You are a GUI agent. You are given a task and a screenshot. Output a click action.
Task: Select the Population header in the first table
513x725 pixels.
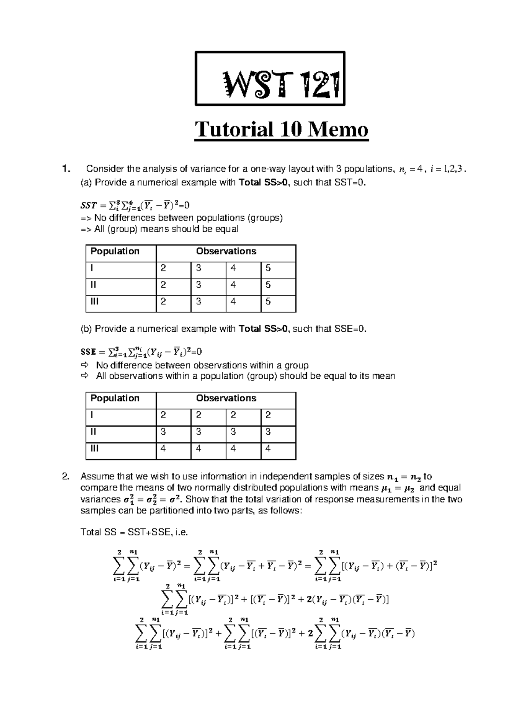pyautogui.click(x=115, y=251)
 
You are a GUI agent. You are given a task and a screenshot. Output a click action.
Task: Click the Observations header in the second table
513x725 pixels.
pyautogui.click(x=226, y=398)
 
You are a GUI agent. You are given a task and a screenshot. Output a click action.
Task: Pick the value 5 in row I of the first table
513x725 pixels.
pyautogui.click(x=268, y=268)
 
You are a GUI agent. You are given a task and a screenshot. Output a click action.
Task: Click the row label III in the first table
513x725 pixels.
pyautogui.click(x=94, y=302)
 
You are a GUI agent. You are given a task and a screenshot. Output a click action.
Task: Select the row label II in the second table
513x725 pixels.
pyautogui.click(x=93, y=432)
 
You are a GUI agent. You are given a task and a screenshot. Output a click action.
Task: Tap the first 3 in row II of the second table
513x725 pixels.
pyautogui.click(x=163, y=432)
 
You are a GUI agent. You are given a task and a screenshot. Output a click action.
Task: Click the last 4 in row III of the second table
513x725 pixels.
pyautogui.click(x=268, y=449)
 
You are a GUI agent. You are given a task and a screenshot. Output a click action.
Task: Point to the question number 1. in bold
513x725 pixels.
pyautogui.click(x=65, y=169)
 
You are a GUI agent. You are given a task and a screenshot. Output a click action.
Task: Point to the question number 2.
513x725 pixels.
pyautogui.click(x=65, y=477)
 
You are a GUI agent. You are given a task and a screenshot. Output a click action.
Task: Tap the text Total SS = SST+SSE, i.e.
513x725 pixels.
pyautogui.click(x=134, y=533)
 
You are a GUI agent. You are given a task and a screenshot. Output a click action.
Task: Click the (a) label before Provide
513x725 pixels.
pyautogui.click(x=86, y=183)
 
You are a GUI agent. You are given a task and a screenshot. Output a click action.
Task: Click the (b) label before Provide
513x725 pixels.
pyautogui.click(x=86, y=329)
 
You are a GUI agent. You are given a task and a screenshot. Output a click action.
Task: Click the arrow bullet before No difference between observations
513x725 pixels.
pyautogui.click(x=84, y=365)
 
